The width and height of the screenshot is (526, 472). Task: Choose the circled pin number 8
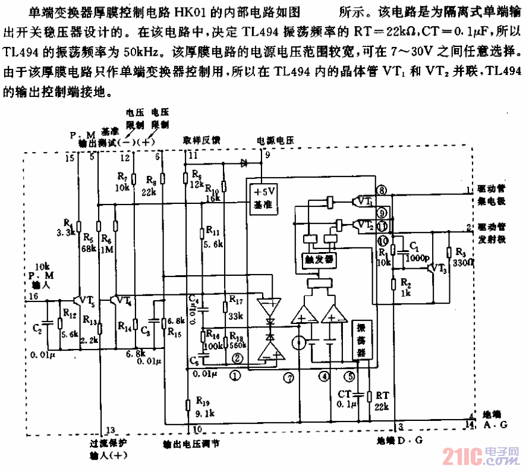[x=382, y=190]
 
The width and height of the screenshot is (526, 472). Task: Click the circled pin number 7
[x=289, y=376]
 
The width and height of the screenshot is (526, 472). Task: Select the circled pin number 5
[x=351, y=376]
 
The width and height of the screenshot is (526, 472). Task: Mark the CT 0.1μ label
[x=346, y=399]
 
